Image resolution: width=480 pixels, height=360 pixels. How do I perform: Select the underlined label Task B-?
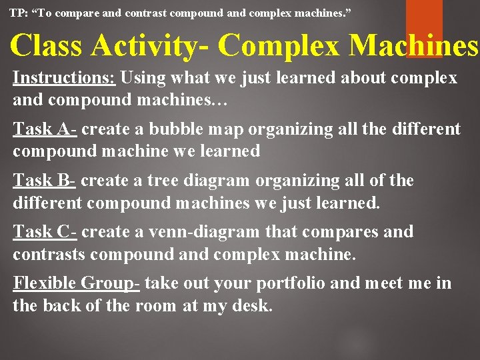pos(45,181)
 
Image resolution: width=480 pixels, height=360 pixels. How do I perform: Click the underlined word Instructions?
pos(65,78)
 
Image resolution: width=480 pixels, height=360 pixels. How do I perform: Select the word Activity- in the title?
pos(150,45)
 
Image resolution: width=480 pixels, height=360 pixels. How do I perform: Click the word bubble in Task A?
pos(175,129)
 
